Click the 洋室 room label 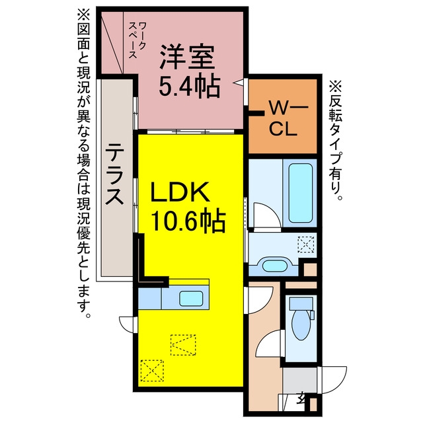pyautogui.click(x=187, y=57)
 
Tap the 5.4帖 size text pyautogui.click(x=190, y=86)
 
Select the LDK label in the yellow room pyautogui.click(x=180, y=192)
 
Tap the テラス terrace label pyautogui.click(x=114, y=174)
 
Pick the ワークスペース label pyautogui.click(x=137, y=40)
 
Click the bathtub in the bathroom pyautogui.click(x=301, y=193)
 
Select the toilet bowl pyautogui.click(x=301, y=325)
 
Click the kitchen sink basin pyautogui.click(x=191, y=298)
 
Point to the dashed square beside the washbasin pyautogui.click(x=306, y=245)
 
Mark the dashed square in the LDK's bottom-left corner pyautogui.click(x=152, y=370)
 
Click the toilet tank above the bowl pyautogui.click(x=301, y=304)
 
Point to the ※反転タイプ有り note pyautogui.click(x=336, y=140)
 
